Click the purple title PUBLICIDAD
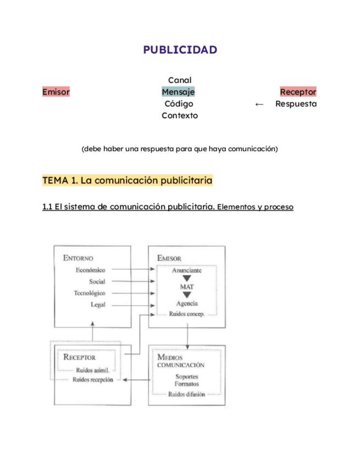pos(180,50)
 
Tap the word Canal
pos(179,80)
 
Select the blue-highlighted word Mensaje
pos(178,92)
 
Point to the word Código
pos(179,103)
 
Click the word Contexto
pos(180,115)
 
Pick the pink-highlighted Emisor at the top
pos(56,92)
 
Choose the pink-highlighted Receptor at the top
pos(298,92)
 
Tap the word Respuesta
pos(296,103)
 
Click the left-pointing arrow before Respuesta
pos(260,104)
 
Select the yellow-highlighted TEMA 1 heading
pos(127,180)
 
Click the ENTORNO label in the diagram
pos(78,258)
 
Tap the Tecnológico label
pos(90,293)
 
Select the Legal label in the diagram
pos(98,304)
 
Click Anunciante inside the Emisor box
pos(186,270)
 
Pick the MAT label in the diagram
pos(186,287)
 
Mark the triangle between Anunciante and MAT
pos(186,278)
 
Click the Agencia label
pos(186,303)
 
